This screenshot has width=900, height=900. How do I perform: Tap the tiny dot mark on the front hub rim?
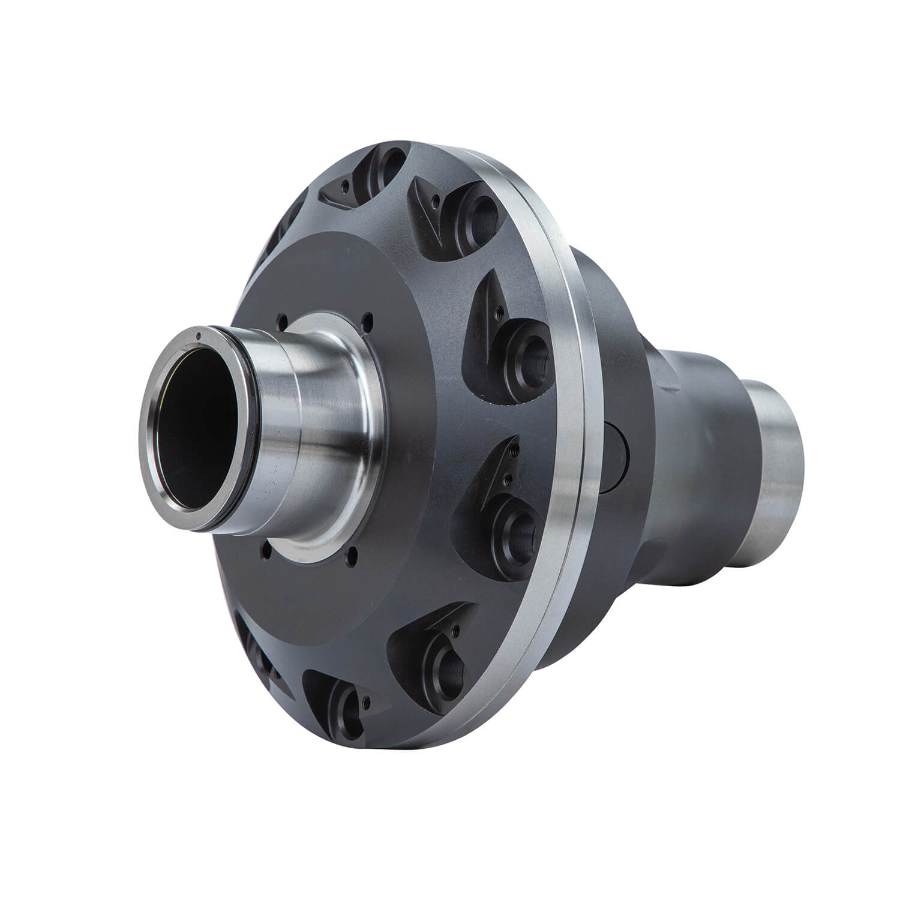[x=197, y=336]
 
